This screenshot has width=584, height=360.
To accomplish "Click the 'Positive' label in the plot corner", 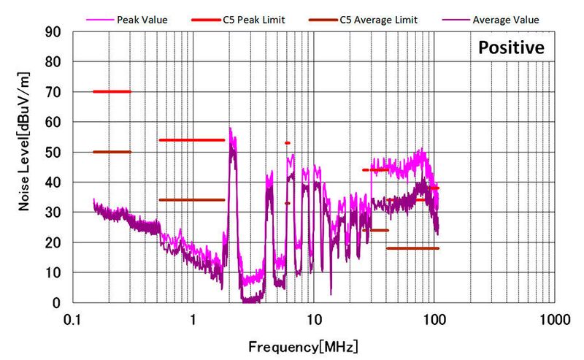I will tap(511, 49).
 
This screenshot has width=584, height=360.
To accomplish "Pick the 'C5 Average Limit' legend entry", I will tap(379, 20).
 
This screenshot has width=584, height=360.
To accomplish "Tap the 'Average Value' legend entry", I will tap(505, 20).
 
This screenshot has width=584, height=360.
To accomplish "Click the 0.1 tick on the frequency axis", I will tap(72, 319).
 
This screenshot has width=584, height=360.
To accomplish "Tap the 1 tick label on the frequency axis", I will tap(193, 319).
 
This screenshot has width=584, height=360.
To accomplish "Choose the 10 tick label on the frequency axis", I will tap(313, 319).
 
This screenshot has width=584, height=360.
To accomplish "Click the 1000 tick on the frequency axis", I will tap(553, 319).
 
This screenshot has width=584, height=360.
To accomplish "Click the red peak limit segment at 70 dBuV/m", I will tap(112, 91).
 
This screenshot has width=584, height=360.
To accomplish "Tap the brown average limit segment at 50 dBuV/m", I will tap(112, 152).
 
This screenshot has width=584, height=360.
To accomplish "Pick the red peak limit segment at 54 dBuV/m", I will tap(191, 139).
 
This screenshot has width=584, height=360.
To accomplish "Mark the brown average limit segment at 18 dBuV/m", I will tap(412, 248).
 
